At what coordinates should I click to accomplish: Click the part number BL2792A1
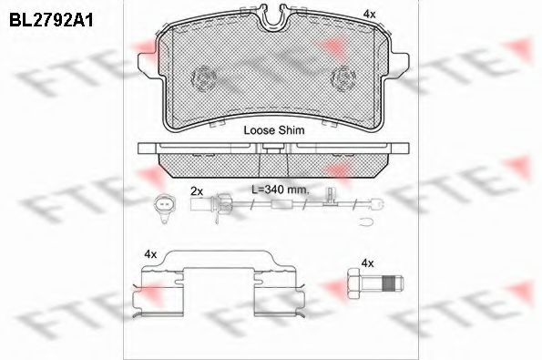(51, 20)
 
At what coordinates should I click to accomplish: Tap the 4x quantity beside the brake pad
(369, 14)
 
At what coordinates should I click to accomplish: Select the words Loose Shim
(274, 130)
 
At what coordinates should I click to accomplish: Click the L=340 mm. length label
(281, 190)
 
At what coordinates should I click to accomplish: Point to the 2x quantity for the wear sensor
(197, 191)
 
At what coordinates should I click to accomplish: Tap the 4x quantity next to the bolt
(367, 263)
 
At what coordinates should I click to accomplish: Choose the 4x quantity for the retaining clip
(150, 254)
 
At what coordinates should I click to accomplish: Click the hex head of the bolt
(354, 283)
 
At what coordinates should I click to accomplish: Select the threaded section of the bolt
(389, 283)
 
